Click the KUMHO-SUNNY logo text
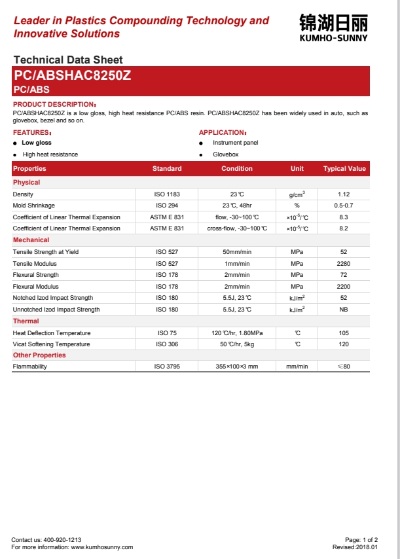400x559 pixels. [x=333, y=38]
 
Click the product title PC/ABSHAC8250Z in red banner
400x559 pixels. [x=73, y=75]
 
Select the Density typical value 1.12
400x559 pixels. [x=344, y=194]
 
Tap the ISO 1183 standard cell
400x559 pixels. [x=167, y=194]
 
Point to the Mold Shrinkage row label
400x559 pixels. [x=34, y=206]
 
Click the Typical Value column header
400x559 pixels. [x=344, y=169]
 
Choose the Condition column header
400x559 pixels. [x=237, y=169]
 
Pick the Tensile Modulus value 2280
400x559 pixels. [x=344, y=263]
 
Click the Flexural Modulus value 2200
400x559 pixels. [x=344, y=287]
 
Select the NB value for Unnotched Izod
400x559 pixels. [x=344, y=310]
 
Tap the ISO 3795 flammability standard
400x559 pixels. [x=167, y=367]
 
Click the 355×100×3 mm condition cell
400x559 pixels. [x=237, y=367]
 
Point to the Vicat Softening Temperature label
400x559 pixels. [x=52, y=344]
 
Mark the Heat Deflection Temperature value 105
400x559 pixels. [x=344, y=333]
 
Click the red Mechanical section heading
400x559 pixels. [x=31, y=240]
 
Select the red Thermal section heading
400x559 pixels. [x=26, y=321]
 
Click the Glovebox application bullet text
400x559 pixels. [x=226, y=154]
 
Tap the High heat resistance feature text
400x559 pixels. [x=50, y=154]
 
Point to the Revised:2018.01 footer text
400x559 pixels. [x=355, y=547]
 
